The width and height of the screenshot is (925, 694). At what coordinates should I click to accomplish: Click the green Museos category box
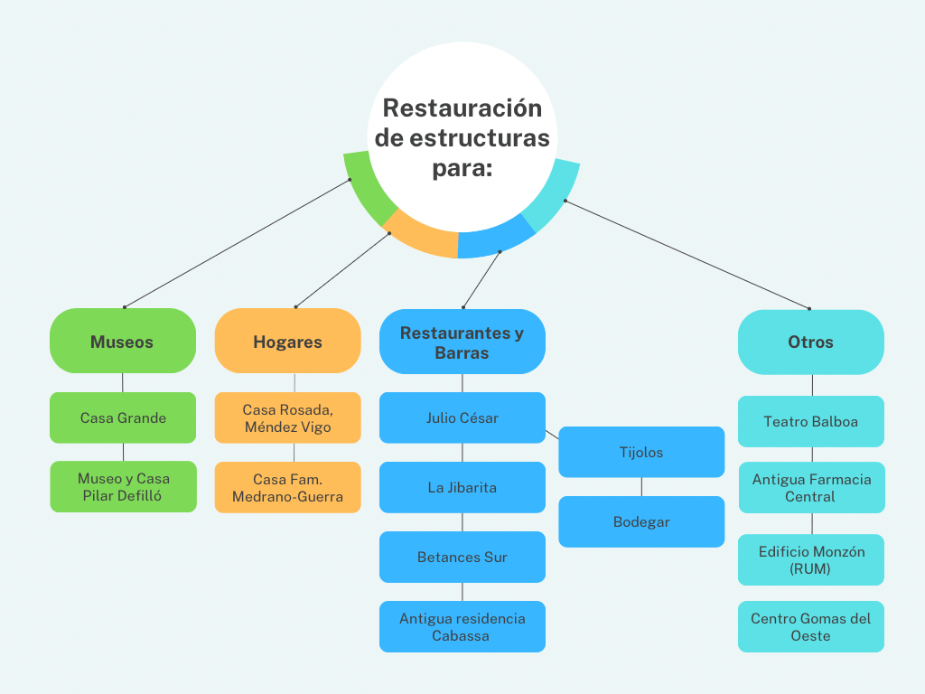122,342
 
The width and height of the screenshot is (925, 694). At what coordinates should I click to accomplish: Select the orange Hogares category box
287,342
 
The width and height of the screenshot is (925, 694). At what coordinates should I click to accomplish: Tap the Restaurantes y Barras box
462,342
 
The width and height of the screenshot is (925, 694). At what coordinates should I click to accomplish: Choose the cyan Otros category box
810,342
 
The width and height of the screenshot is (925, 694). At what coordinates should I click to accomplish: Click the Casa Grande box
123,417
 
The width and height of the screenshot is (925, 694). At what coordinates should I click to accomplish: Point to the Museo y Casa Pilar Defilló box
123,487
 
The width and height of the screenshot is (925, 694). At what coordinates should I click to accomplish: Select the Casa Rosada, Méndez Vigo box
287,417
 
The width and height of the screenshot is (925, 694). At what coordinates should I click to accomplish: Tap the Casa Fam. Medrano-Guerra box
287,487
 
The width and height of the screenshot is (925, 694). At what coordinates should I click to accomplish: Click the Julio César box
462,417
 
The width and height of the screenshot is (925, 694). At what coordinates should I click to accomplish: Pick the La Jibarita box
462,487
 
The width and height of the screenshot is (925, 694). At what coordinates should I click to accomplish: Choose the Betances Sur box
462,557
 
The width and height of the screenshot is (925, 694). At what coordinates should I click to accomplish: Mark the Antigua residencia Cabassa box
462,626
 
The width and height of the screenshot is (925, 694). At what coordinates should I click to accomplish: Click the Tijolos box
641,452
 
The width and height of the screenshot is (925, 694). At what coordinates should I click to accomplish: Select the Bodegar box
641,521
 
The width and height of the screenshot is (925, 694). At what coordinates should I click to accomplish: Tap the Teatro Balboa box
810,421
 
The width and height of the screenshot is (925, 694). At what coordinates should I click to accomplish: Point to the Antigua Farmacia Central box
810,488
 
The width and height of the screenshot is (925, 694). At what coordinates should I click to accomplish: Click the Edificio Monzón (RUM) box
810,560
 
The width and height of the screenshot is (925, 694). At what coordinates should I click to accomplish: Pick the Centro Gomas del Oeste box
810,626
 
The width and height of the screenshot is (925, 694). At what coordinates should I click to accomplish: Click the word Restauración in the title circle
462,108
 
